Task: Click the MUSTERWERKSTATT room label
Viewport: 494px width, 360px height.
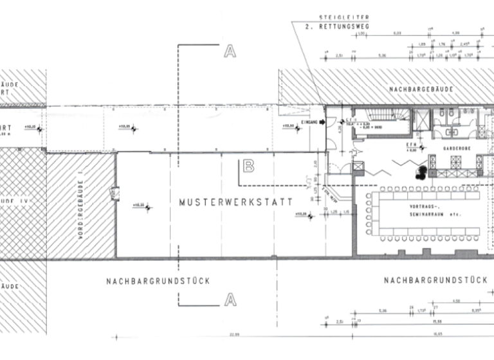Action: (x=235, y=202)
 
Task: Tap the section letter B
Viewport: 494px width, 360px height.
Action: (x=249, y=166)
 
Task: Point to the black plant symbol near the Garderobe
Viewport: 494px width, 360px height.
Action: (x=421, y=172)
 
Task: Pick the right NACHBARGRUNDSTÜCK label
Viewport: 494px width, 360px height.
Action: (x=434, y=280)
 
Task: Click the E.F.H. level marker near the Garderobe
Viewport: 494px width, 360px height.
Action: (x=412, y=148)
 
